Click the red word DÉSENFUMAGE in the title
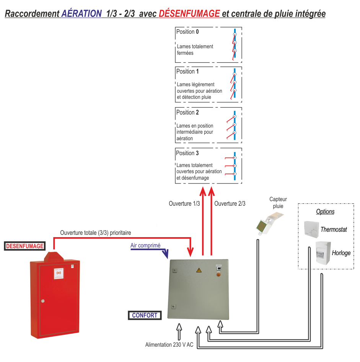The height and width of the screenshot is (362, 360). (x=189, y=13)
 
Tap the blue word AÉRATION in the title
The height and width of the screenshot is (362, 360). (x=81, y=13)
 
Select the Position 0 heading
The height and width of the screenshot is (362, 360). (x=187, y=32)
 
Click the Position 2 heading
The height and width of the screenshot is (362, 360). (x=187, y=113)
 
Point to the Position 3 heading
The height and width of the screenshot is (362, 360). (x=187, y=153)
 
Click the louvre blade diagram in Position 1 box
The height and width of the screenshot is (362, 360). (x=233, y=84)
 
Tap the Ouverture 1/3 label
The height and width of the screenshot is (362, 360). (x=184, y=204)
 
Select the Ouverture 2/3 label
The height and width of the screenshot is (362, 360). (x=230, y=204)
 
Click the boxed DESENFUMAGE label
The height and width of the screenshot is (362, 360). (x=25, y=246)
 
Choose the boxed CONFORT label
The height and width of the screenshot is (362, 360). (x=145, y=315)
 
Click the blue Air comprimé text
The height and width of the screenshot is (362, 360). (x=145, y=246)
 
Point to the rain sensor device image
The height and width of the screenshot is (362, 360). (x=269, y=224)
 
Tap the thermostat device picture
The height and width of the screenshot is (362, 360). (x=311, y=229)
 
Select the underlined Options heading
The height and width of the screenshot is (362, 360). (x=325, y=211)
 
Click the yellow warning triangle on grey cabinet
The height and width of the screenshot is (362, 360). (x=199, y=270)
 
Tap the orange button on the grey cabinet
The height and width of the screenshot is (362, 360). (x=218, y=275)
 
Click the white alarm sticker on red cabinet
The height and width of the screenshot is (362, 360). (x=59, y=274)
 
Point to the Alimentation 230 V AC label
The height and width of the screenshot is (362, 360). (x=169, y=345)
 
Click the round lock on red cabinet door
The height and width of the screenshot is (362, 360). (x=43, y=301)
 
